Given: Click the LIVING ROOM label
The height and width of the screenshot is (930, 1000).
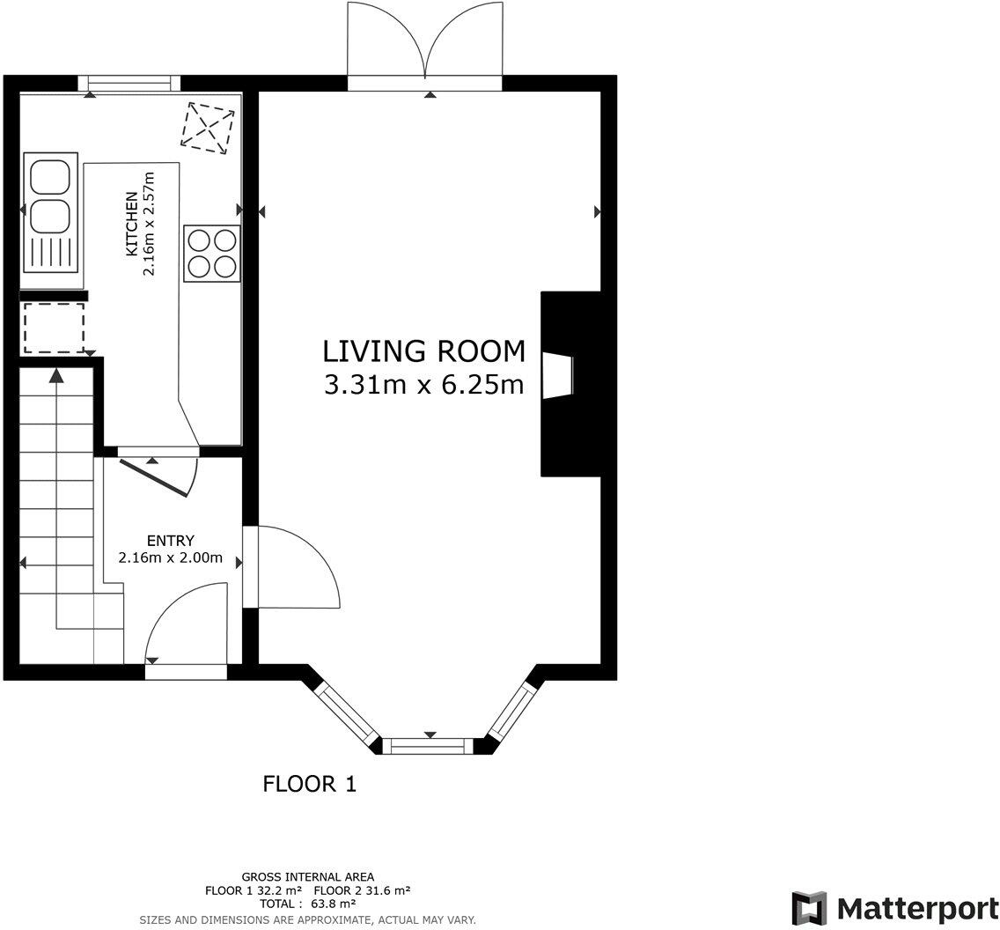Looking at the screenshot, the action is pos(424,351).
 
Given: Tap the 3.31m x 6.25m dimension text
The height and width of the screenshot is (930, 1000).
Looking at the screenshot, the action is pos(424,385).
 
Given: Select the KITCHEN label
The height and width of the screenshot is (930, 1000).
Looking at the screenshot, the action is pos(131,223).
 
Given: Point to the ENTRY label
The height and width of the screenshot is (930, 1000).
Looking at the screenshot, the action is pos(170,541).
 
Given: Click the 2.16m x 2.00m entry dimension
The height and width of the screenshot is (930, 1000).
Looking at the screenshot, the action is pos(170,558).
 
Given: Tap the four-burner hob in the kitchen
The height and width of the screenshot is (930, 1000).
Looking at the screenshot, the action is pos(212,254).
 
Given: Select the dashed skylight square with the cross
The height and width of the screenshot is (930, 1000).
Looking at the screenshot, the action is pos(208,128).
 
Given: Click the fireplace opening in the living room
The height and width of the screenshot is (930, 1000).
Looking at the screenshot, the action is pos(558,376).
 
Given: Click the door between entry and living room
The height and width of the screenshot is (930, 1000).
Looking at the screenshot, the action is pos(291,567).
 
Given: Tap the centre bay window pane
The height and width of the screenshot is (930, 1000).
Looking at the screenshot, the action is pos(431,745).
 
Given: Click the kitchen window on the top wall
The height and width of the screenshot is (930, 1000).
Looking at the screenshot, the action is pos(129,84).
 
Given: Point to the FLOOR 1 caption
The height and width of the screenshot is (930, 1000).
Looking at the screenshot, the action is pos(309,784).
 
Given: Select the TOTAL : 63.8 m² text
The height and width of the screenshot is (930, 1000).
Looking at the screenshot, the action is pos(307,904).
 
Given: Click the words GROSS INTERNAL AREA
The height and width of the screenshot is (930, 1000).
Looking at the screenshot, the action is pos(308,877).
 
